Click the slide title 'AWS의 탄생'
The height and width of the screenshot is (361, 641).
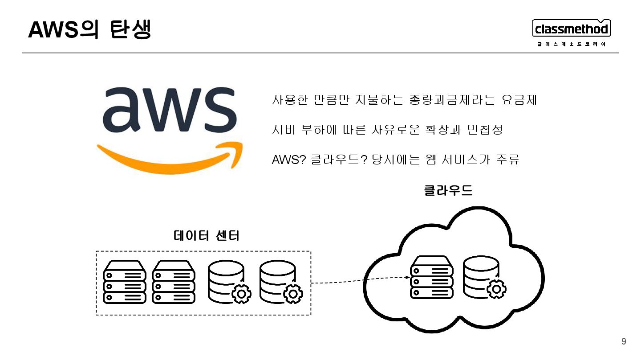pyautogui.click(x=89, y=29)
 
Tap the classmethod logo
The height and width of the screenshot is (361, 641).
pyautogui.click(x=572, y=30)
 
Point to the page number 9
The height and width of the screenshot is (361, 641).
pyautogui.click(x=624, y=342)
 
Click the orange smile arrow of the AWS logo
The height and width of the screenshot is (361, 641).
pyautogui.click(x=169, y=156)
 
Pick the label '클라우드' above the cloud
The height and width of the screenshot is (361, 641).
pyautogui.click(x=448, y=191)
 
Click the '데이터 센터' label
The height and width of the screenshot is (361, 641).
pyautogui.click(x=207, y=235)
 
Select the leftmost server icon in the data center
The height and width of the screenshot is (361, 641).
pyautogui.click(x=125, y=282)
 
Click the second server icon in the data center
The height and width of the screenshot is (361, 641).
pyautogui.click(x=174, y=282)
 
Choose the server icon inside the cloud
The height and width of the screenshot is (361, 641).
pyautogui.click(x=431, y=277)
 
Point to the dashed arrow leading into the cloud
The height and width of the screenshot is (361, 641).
pyautogui.click(x=360, y=280)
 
